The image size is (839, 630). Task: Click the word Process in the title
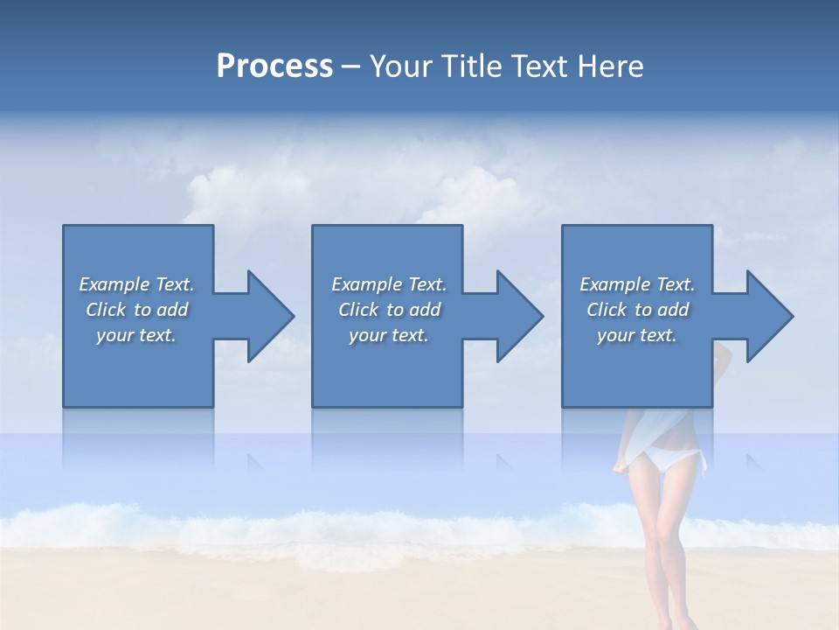(274, 66)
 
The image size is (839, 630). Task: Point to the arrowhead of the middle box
(518, 316)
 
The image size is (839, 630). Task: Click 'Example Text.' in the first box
(136, 284)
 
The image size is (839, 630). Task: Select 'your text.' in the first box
(136, 335)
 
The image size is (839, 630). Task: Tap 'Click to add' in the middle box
(389, 310)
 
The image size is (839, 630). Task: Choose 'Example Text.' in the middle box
(389, 284)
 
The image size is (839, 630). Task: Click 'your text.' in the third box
(637, 335)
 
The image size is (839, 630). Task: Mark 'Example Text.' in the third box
(637, 284)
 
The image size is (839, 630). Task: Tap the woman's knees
(662, 560)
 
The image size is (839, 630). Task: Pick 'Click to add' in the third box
(637, 310)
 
